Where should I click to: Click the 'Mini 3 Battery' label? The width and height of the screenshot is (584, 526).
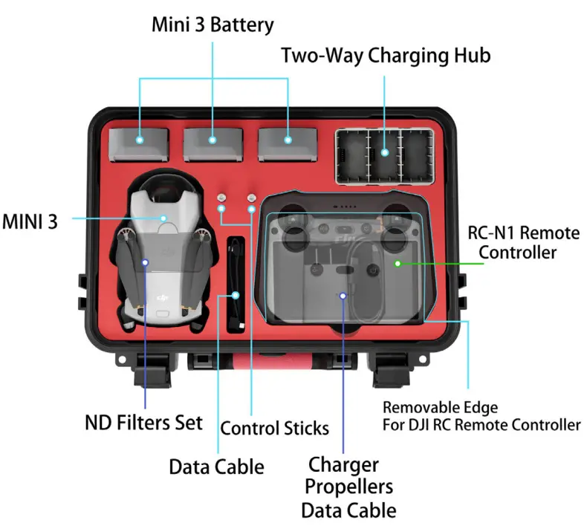212,25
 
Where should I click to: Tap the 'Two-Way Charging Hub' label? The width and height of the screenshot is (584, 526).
386,56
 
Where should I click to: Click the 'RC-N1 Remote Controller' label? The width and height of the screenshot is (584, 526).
523,242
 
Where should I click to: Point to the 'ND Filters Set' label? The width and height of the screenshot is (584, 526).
143,423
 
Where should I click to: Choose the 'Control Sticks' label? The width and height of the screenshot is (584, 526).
274,428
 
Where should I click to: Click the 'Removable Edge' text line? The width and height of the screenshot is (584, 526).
440,407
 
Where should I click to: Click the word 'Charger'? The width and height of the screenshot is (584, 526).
343,465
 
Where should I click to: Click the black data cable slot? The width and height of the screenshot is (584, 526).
236,286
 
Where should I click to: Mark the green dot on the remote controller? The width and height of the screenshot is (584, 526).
398,264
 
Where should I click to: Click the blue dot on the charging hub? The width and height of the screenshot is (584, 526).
385,152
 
